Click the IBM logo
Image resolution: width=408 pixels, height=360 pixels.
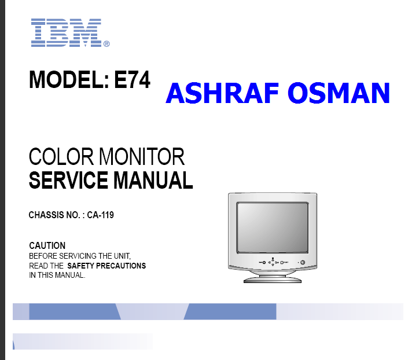point(66,33)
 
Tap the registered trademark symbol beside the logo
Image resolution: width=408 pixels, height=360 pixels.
point(106,44)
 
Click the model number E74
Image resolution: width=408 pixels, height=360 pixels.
point(132,79)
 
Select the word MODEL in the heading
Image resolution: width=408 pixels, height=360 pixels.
point(67,79)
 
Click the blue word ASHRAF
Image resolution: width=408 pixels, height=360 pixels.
point(222,93)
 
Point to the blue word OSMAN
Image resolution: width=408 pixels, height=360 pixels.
point(339,93)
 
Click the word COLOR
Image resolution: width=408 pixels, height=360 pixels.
point(61,156)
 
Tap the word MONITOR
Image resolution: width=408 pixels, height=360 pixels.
point(142,156)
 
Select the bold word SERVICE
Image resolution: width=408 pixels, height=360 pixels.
point(68,180)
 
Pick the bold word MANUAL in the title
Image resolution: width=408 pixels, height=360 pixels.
point(153,180)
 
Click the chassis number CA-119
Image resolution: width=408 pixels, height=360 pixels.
point(101,215)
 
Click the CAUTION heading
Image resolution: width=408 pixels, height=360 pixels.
point(47,245)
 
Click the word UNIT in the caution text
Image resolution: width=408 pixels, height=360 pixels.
point(122,256)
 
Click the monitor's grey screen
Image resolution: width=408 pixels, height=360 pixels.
point(273,227)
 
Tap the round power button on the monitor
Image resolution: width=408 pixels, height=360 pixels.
point(303,262)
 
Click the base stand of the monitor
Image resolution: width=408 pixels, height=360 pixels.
point(273,278)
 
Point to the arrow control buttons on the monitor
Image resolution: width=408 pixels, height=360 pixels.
point(273,262)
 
